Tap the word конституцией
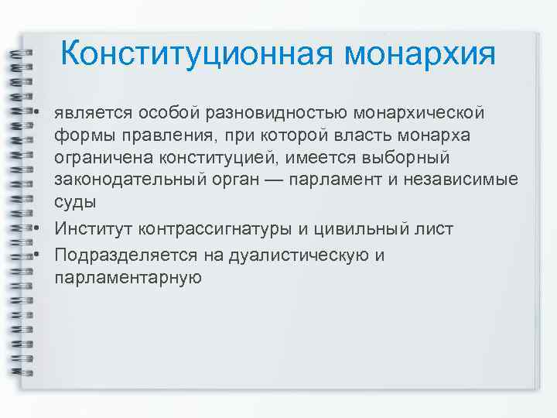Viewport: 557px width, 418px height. click(219, 159)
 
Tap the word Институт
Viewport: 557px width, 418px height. click(92, 230)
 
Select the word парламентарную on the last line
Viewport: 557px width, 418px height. click(128, 277)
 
